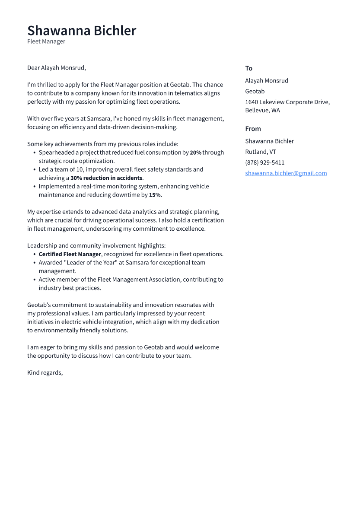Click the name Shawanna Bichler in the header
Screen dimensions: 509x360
[x=82, y=31]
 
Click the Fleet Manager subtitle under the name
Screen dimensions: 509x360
[x=46, y=41]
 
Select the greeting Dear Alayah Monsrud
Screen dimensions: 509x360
[x=57, y=68]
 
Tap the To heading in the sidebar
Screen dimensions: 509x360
[x=248, y=68]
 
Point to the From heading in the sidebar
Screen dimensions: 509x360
[x=253, y=129]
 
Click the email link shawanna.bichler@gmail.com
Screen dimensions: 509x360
[x=286, y=173]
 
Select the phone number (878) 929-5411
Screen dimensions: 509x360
[x=264, y=162]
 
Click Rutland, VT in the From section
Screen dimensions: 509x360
[x=261, y=152]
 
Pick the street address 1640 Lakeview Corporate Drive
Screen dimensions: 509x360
[x=287, y=102]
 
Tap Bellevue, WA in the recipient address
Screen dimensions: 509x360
[x=262, y=110]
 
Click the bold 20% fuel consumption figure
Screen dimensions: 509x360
[x=195, y=153]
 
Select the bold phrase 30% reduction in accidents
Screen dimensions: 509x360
[x=106, y=178]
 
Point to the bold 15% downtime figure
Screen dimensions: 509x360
[x=155, y=195]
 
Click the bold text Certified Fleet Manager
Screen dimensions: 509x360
[x=70, y=254]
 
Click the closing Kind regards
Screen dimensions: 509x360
[x=45, y=372]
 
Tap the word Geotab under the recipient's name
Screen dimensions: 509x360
[x=255, y=91]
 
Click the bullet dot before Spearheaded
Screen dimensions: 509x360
[x=35, y=153]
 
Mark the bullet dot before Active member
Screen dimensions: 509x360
[x=35, y=280]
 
